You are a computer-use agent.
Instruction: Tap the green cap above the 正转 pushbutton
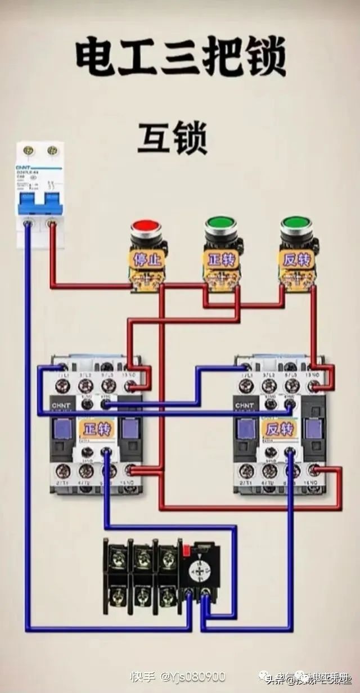pyautogui.click(x=221, y=223)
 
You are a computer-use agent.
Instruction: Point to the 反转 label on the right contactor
pyautogui.click(x=279, y=429)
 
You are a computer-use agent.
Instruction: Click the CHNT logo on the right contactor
pyautogui.click(x=244, y=405)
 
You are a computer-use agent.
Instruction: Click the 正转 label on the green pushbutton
pyautogui.click(x=221, y=260)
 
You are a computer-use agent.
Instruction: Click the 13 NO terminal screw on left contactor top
pyautogui.click(x=130, y=386)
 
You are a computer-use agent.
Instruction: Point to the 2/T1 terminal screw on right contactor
pyautogui.click(x=245, y=471)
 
